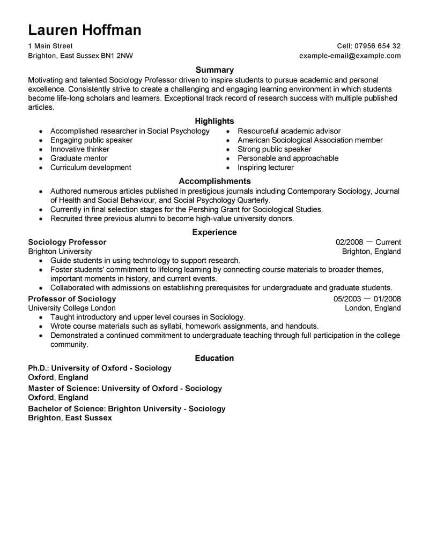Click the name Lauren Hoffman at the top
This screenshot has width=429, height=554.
coord(85,29)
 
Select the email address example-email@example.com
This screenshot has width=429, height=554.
coord(350,56)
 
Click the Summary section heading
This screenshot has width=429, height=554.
coord(214,70)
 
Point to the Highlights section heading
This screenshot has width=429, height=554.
coord(214,122)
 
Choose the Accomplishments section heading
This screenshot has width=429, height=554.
coord(214,181)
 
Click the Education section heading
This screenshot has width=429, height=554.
coord(214,358)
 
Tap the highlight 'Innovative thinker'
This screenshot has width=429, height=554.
coord(80,149)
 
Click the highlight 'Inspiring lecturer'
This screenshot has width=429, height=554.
coord(266,168)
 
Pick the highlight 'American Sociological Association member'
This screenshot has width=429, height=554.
coord(310,140)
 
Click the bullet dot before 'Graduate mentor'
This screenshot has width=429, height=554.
coord(40,159)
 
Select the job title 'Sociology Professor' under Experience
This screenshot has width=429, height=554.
coord(67,242)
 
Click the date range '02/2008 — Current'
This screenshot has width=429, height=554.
coord(368,242)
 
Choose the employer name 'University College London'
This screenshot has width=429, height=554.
coord(71,308)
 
